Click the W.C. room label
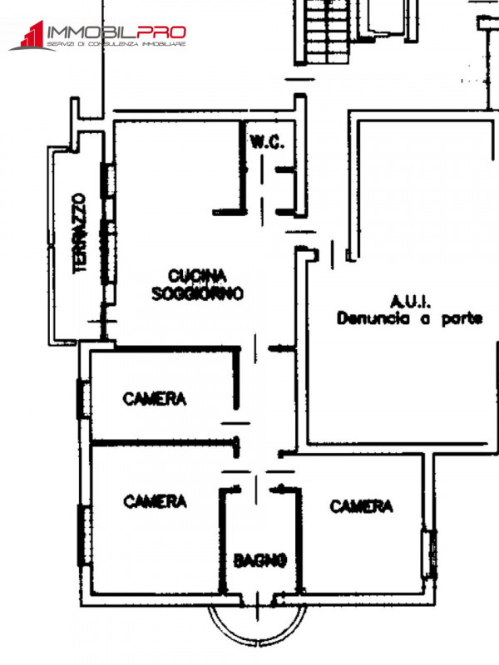point(266,142)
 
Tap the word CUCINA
point(197,276)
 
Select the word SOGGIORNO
point(198,293)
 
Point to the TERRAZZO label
point(79,234)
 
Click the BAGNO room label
point(260,560)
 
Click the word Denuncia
point(373,318)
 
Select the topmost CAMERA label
point(155,399)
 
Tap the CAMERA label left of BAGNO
point(156,501)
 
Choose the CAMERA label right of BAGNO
point(361,506)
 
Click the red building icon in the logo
point(32,34)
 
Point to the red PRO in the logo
point(161,32)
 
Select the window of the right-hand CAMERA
point(429,554)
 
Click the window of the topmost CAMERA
point(84,399)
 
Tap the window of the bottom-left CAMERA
point(85,535)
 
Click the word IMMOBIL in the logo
point(91,32)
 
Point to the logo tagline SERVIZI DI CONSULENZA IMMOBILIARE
point(116,44)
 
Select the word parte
point(462,319)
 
